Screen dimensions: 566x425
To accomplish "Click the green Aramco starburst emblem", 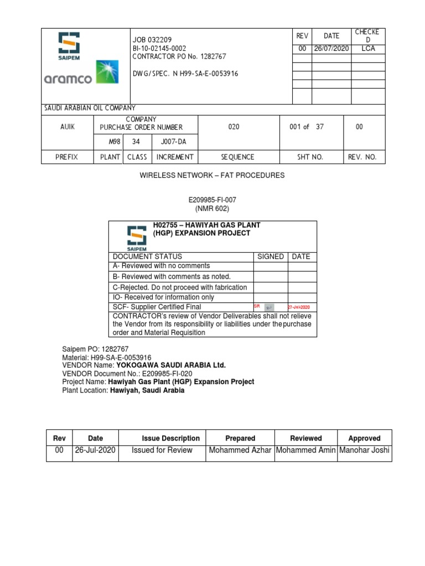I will (x=107, y=72).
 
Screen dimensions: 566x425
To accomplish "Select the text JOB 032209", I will (x=152, y=40).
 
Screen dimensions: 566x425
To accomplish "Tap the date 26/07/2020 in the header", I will (x=331, y=49).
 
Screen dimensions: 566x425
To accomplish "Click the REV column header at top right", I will (x=302, y=36).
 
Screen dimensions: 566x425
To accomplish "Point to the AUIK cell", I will (x=68, y=127).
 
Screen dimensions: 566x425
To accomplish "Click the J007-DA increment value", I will (x=173, y=142).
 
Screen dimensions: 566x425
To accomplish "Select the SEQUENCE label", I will (x=237, y=157).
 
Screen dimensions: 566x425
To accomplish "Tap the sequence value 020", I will (x=234, y=127).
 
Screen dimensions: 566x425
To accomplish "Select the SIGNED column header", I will (x=271, y=256).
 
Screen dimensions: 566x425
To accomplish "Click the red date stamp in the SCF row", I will (x=298, y=307).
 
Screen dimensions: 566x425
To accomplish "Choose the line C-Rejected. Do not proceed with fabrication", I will (x=180, y=287).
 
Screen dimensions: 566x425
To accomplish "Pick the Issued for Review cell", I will (x=162, y=450).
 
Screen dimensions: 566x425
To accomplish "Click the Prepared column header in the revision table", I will (x=240, y=438).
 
